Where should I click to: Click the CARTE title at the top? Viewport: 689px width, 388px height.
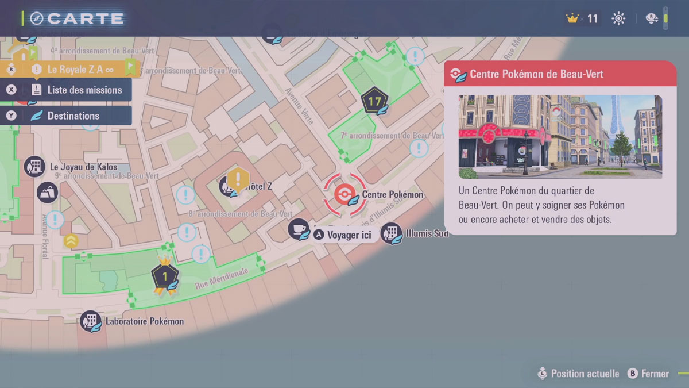85,18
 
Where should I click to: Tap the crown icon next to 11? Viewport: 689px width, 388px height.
571,19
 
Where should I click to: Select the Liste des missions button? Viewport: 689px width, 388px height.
84,90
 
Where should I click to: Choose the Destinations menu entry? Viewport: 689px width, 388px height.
73,116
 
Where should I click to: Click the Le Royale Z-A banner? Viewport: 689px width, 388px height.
80,70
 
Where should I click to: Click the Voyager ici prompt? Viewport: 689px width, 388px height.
350,235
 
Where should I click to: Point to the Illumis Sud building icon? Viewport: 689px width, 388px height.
391,233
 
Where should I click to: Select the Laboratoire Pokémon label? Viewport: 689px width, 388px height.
144,321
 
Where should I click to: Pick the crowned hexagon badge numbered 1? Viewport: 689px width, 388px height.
165,277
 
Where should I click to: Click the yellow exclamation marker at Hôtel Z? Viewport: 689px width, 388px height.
237,180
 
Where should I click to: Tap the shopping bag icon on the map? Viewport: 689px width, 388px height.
47,193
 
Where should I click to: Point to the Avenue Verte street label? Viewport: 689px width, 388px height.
300,106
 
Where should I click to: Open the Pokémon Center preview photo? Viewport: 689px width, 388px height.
560,137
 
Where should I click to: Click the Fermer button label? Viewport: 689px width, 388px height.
655,374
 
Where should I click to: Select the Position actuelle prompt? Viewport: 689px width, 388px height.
585,374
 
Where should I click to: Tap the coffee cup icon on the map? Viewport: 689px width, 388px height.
298,229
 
